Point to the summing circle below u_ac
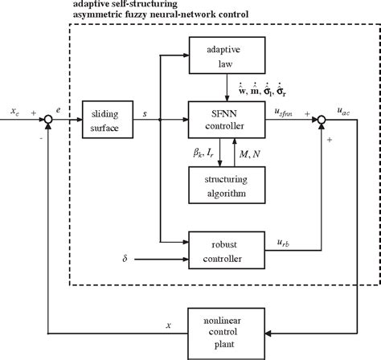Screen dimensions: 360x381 322,120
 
